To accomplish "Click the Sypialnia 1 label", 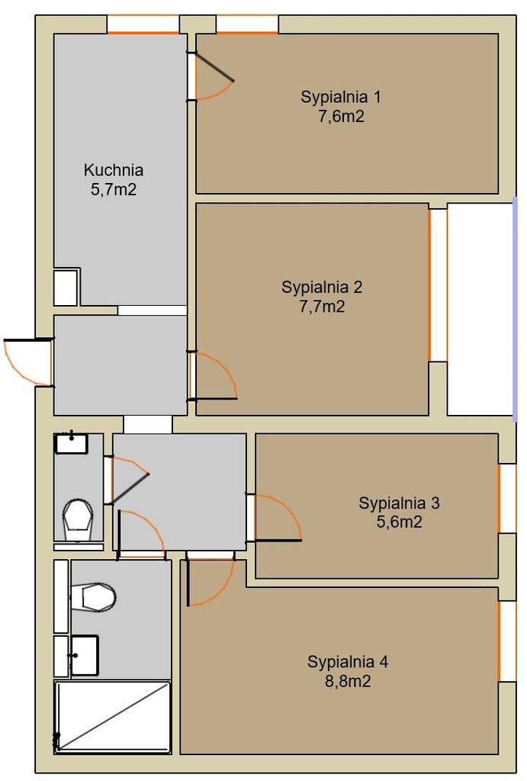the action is coord(341,97).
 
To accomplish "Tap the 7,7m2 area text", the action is coord(322,307).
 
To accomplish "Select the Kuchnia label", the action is coord(114,170).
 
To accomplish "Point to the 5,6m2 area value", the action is coord(400,522).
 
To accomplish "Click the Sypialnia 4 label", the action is coord(348,661).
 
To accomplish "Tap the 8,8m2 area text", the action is coord(348,681).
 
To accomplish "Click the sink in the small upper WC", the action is coord(71,443).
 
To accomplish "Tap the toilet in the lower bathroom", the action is coord(93,596).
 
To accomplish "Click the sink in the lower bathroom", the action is coord(84,655).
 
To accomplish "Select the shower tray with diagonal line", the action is coord(113,716).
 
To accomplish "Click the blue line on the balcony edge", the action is coord(515,310).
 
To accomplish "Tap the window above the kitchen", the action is coord(143,24).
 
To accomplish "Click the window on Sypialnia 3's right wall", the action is coord(507,498).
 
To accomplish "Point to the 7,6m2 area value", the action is coord(341,116).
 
